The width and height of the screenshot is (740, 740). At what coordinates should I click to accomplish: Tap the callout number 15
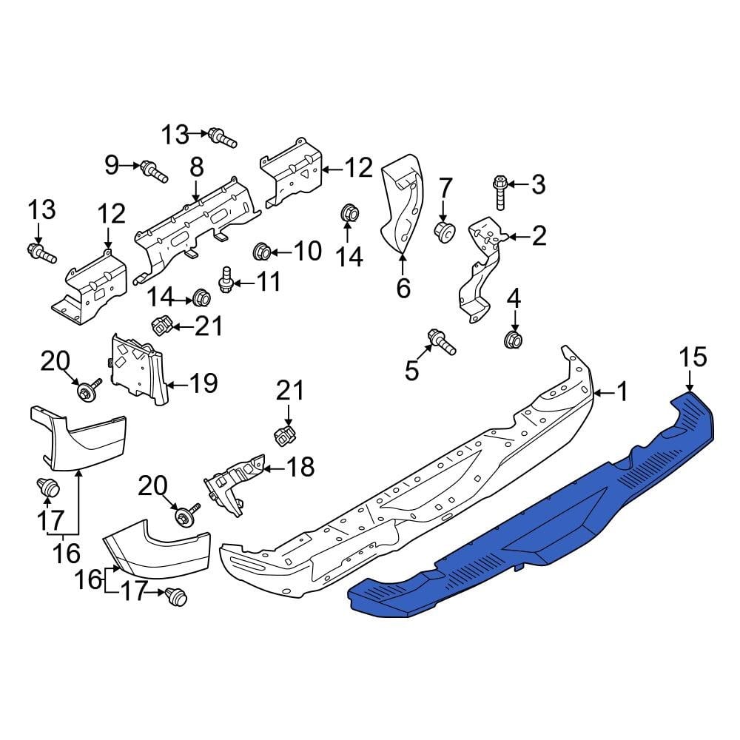click(693, 358)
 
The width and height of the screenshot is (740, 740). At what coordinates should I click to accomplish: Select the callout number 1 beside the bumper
click(622, 391)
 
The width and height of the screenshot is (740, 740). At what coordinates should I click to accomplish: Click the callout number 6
click(403, 288)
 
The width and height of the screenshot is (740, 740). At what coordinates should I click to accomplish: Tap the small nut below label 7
click(445, 232)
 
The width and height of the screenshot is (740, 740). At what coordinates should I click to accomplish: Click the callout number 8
click(196, 168)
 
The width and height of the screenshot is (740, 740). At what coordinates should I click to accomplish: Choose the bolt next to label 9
click(154, 171)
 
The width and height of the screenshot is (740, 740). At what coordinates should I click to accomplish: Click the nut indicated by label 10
click(261, 252)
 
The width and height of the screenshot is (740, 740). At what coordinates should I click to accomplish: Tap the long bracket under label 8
click(196, 222)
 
